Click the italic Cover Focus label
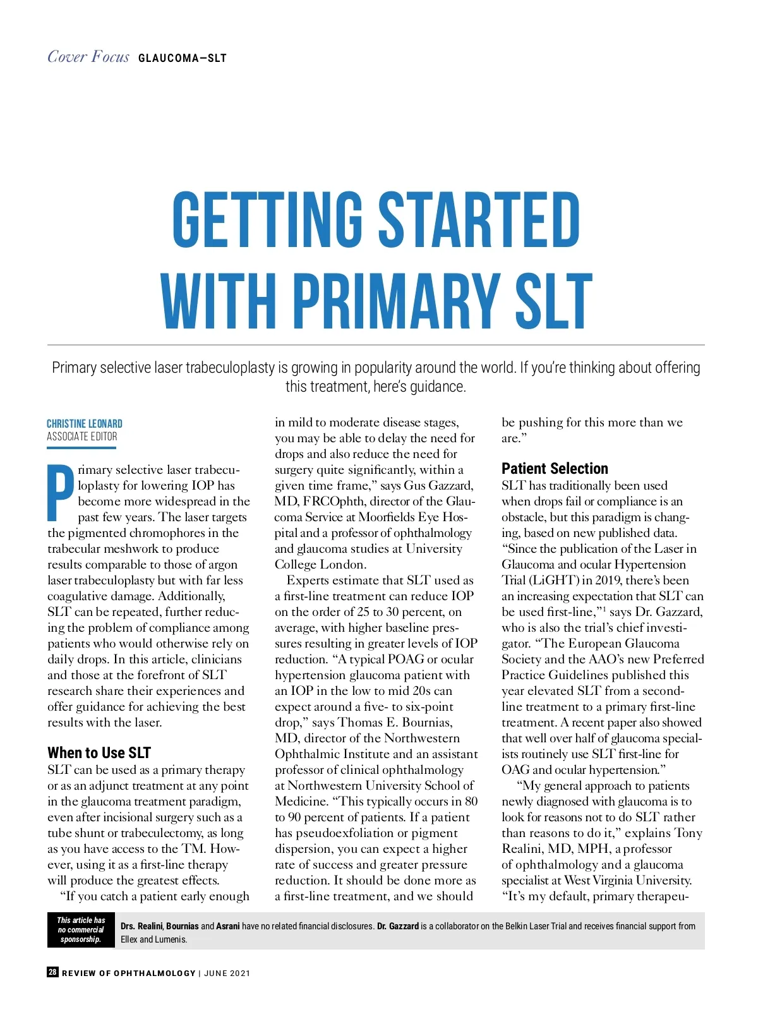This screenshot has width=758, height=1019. (88, 57)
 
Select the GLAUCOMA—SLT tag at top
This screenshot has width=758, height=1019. (182, 58)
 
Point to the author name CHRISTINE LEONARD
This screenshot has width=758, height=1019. (85, 423)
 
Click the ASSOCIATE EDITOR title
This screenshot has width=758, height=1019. (82, 437)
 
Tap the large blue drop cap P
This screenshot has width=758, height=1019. (61, 493)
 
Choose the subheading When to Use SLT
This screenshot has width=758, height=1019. (99, 752)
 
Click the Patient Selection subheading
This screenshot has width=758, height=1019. (555, 468)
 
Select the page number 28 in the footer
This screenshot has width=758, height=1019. (52, 972)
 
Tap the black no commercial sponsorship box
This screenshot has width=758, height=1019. (81, 929)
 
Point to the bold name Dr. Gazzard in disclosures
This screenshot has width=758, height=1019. (398, 926)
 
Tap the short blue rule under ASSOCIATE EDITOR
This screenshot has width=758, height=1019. (81, 448)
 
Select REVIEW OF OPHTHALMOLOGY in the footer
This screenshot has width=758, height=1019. (129, 973)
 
